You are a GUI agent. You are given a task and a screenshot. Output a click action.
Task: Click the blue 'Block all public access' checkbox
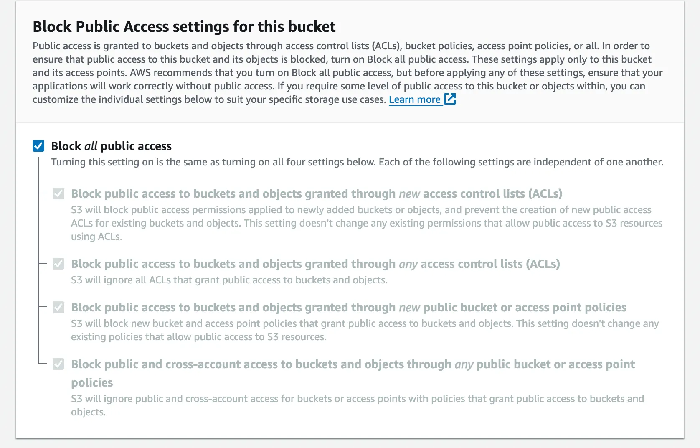tap(38, 146)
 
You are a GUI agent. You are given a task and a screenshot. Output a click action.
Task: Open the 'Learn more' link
tap(414, 99)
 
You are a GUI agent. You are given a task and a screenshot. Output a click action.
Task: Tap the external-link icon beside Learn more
tap(450, 99)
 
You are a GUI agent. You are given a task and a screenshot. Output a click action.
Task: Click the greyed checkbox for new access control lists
tap(58, 193)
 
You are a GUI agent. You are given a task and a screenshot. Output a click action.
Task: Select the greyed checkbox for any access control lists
tap(58, 264)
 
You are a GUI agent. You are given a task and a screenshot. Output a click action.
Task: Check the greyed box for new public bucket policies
tap(58, 307)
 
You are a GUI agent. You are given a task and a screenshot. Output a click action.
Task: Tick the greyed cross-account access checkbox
tap(58, 364)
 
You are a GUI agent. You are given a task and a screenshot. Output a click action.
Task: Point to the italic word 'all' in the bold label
tap(91, 146)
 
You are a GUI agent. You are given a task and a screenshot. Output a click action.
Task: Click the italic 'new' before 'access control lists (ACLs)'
tap(409, 194)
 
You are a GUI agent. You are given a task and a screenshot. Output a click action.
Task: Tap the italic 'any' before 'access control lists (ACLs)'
tap(408, 264)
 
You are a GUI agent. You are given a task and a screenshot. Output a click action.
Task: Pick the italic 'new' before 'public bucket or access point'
tap(409, 308)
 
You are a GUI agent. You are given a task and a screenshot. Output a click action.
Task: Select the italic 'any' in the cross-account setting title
tap(464, 364)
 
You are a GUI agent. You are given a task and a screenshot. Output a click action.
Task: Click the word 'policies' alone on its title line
tap(92, 382)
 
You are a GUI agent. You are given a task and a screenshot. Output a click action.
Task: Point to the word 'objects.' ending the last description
tap(88, 412)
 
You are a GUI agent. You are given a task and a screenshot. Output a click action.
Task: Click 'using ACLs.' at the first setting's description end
tap(96, 237)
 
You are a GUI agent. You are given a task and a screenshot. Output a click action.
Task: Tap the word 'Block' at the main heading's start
tap(52, 26)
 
